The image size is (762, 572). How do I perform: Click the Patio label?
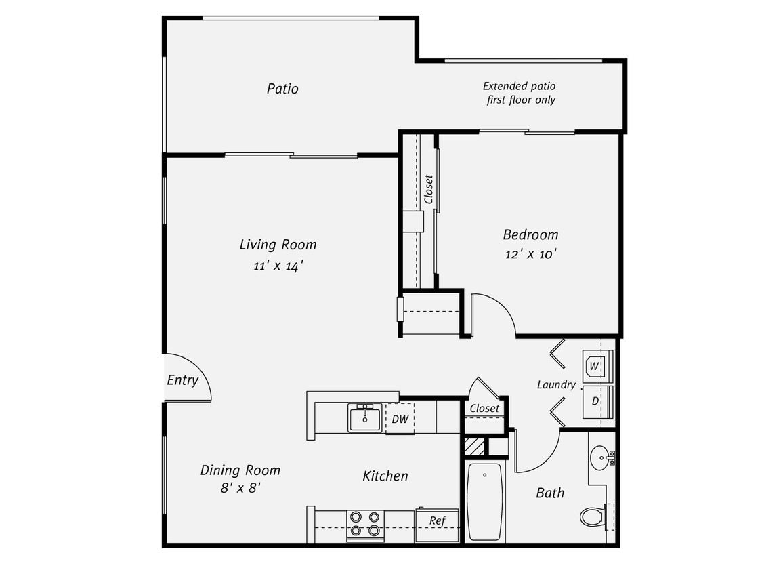coord(282,89)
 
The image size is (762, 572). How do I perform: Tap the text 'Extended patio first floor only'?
coord(520,93)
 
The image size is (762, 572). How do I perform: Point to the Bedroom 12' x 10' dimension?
coord(530,254)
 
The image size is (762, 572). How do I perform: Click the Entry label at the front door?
coord(182,380)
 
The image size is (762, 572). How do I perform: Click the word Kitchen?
coord(385,476)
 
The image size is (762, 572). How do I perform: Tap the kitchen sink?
coord(365,417)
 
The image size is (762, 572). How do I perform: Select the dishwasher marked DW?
coord(400,419)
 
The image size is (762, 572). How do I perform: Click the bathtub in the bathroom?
coord(485,501)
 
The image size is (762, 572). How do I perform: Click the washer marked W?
coord(596,367)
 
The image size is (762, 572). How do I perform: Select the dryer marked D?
coord(597,401)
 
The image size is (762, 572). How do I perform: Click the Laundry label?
coord(556,385)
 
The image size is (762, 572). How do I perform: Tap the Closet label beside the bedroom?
coord(428,189)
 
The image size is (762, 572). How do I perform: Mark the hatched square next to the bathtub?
coord(475,447)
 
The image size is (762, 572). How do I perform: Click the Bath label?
coord(550,493)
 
